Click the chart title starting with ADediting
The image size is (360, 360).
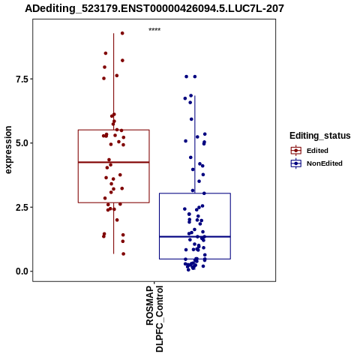click(x=154, y=8)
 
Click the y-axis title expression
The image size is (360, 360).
click(x=8, y=150)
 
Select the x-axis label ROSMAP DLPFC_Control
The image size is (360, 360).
click(x=154, y=319)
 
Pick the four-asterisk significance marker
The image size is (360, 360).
click(x=154, y=30)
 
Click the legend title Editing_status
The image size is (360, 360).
click(x=319, y=136)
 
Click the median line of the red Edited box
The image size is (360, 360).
click(x=114, y=162)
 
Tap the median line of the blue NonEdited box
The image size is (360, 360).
click(x=195, y=236)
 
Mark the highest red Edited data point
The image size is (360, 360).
click(x=122, y=33)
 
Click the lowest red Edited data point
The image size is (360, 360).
click(x=123, y=254)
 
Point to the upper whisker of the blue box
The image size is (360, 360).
click(x=195, y=145)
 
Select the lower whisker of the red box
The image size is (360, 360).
click(x=114, y=228)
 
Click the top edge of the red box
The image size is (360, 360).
click(x=114, y=130)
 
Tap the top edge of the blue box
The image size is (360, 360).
click(x=195, y=193)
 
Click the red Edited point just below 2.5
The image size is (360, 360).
click(x=114, y=209)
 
